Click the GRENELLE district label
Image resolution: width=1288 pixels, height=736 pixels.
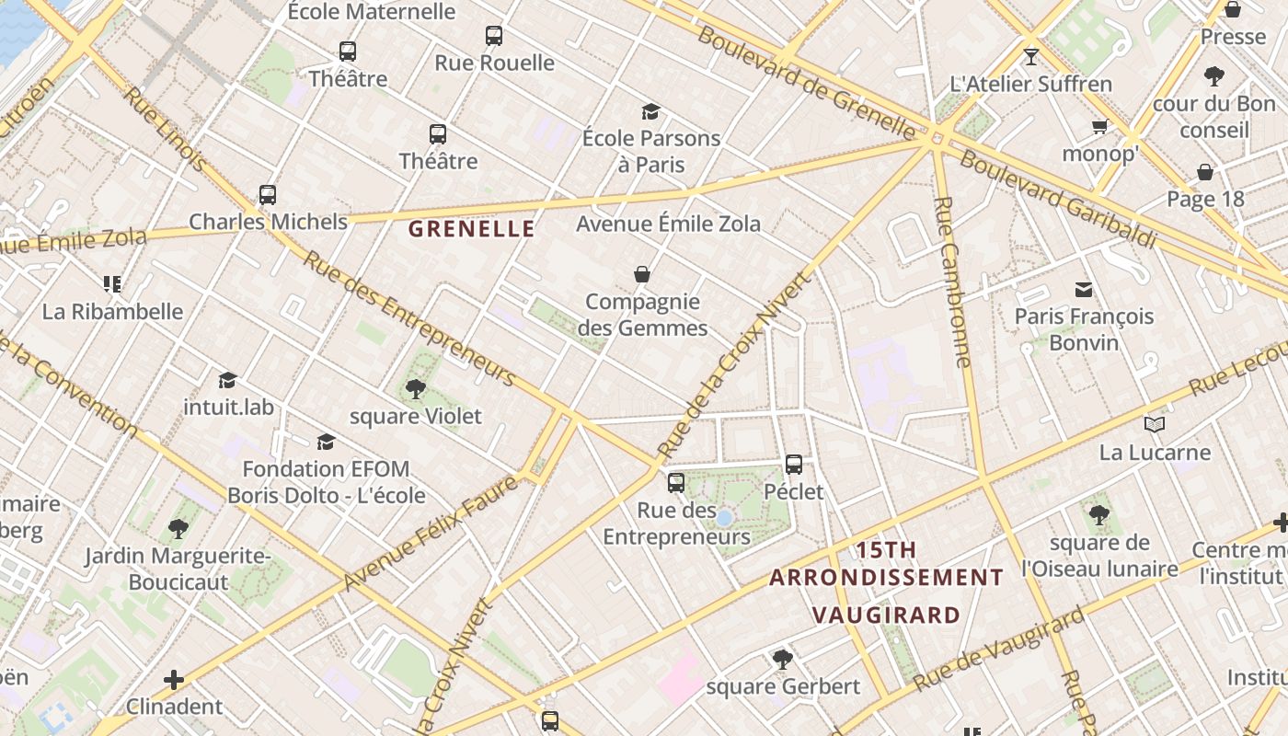pyautogui.click(x=471, y=229)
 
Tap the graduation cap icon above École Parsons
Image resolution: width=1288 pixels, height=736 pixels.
pyautogui.click(x=651, y=111)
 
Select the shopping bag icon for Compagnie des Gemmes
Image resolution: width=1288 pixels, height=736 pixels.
pyautogui.click(x=642, y=274)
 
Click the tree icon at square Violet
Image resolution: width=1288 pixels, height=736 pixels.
pyautogui.click(x=416, y=388)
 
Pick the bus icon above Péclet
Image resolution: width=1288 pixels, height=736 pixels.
pyautogui.click(x=794, y=464)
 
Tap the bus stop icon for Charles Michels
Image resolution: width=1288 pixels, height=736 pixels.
pyautogui.click(x=268, y=194)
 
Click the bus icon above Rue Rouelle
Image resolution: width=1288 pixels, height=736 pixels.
pyautogui.click(x=494, y=36)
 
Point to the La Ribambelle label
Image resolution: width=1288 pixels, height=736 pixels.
pyautogui.click(x=112, y=311)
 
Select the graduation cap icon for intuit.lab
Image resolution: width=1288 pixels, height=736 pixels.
pyautogui.click(x=227, y=380)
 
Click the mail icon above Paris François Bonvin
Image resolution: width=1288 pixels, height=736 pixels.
pyautogui.click(x=1084, y=290)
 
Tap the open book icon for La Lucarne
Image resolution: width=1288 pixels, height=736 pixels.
pyautogui.click(x=1155, y=424)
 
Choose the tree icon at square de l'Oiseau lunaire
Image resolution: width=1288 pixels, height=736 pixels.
pyautogui.click(x=1098, y=514)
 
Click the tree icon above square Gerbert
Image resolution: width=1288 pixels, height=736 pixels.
pyautogui.click(x=783, y=659)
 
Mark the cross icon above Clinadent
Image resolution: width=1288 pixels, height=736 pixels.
pyautogui.click(x=174, y=680)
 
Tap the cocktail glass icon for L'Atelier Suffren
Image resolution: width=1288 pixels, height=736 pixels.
pyautogui.click(x=1031, y=56)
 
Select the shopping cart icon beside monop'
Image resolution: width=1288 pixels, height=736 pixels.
pyautogui.click(x=1099, y=126)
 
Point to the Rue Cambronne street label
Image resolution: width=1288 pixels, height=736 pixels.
pyautogui.click(x=952, y=282)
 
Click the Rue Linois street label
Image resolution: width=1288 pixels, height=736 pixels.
pyautogui.click(x=165, y=128)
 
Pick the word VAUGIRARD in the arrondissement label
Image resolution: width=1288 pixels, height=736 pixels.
pyautogui.click(x=887, y=615)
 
